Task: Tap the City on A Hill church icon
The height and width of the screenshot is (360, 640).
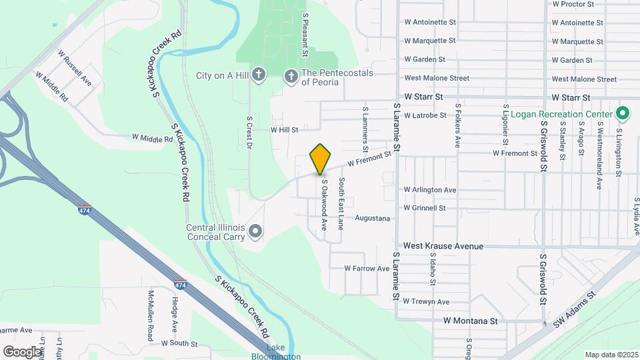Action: click(259, 75)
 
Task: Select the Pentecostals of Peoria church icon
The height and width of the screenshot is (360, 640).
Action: click(291, 77)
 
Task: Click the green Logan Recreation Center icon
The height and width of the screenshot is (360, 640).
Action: click(623, 113)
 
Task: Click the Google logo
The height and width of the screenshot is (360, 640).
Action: click(23, 351)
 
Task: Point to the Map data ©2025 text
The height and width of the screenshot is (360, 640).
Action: click(611, 355)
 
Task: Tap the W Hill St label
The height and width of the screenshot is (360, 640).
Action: click(284, 130)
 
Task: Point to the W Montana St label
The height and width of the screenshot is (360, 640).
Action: click(471, 321)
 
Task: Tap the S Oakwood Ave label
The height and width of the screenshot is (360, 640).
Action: click(324, 205)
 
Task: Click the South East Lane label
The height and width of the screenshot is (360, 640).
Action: click(341, 203)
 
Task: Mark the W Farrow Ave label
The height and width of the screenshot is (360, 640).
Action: click(367, 269)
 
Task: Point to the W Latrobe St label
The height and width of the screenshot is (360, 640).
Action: click(425, 115)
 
